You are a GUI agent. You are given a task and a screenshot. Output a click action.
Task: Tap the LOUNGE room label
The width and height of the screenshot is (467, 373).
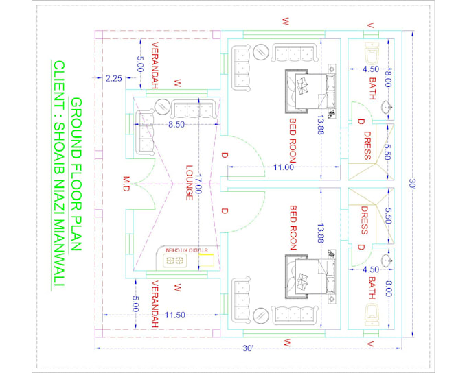pyautogui.click(x=187, y=182)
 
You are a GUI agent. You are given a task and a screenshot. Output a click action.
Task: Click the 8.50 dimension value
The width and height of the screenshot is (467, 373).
pyautogui.click(x=177, y=125)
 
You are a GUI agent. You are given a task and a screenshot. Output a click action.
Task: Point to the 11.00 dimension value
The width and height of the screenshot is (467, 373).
pyautogui.click(x=282, y=167)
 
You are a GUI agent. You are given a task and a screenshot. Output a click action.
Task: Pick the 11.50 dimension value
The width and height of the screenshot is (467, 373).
pyautogui.click(x=176, y=315)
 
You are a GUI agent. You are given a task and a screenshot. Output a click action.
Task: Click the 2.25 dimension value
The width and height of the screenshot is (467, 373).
pyautogui.click(x=114, y=79)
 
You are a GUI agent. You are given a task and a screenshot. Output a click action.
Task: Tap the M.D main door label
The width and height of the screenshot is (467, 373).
pyautogui.click(x=126, y=184)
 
